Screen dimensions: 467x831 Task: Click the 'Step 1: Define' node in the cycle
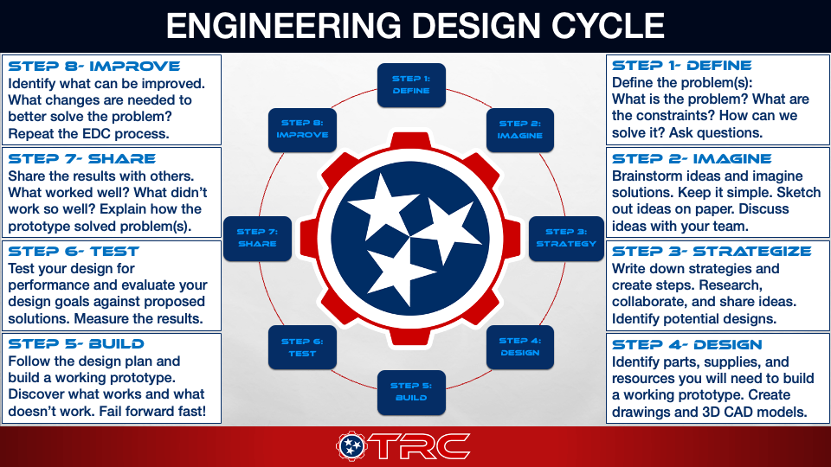pos(411,85)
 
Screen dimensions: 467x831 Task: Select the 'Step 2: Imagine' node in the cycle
pos(519,130)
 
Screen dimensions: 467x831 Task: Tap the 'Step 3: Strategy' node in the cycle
pos(566,238)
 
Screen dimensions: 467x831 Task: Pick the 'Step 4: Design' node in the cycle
pos(519,346)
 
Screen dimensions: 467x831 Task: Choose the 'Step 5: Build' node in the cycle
pos(411,392)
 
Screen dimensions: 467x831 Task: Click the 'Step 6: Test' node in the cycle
pos(303,347)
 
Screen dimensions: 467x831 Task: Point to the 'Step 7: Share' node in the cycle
pos(257,238)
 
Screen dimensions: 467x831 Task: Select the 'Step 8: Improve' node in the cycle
pos(302,130)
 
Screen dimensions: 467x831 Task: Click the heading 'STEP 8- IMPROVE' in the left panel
pos(93,66)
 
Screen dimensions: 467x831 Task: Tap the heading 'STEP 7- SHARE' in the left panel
pos(81,159)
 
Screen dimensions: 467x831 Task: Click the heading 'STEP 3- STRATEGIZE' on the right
pos(712,252)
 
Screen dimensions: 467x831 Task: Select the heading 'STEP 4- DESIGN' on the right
pos(686,345)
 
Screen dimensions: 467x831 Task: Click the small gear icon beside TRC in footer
pos(352,446)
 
